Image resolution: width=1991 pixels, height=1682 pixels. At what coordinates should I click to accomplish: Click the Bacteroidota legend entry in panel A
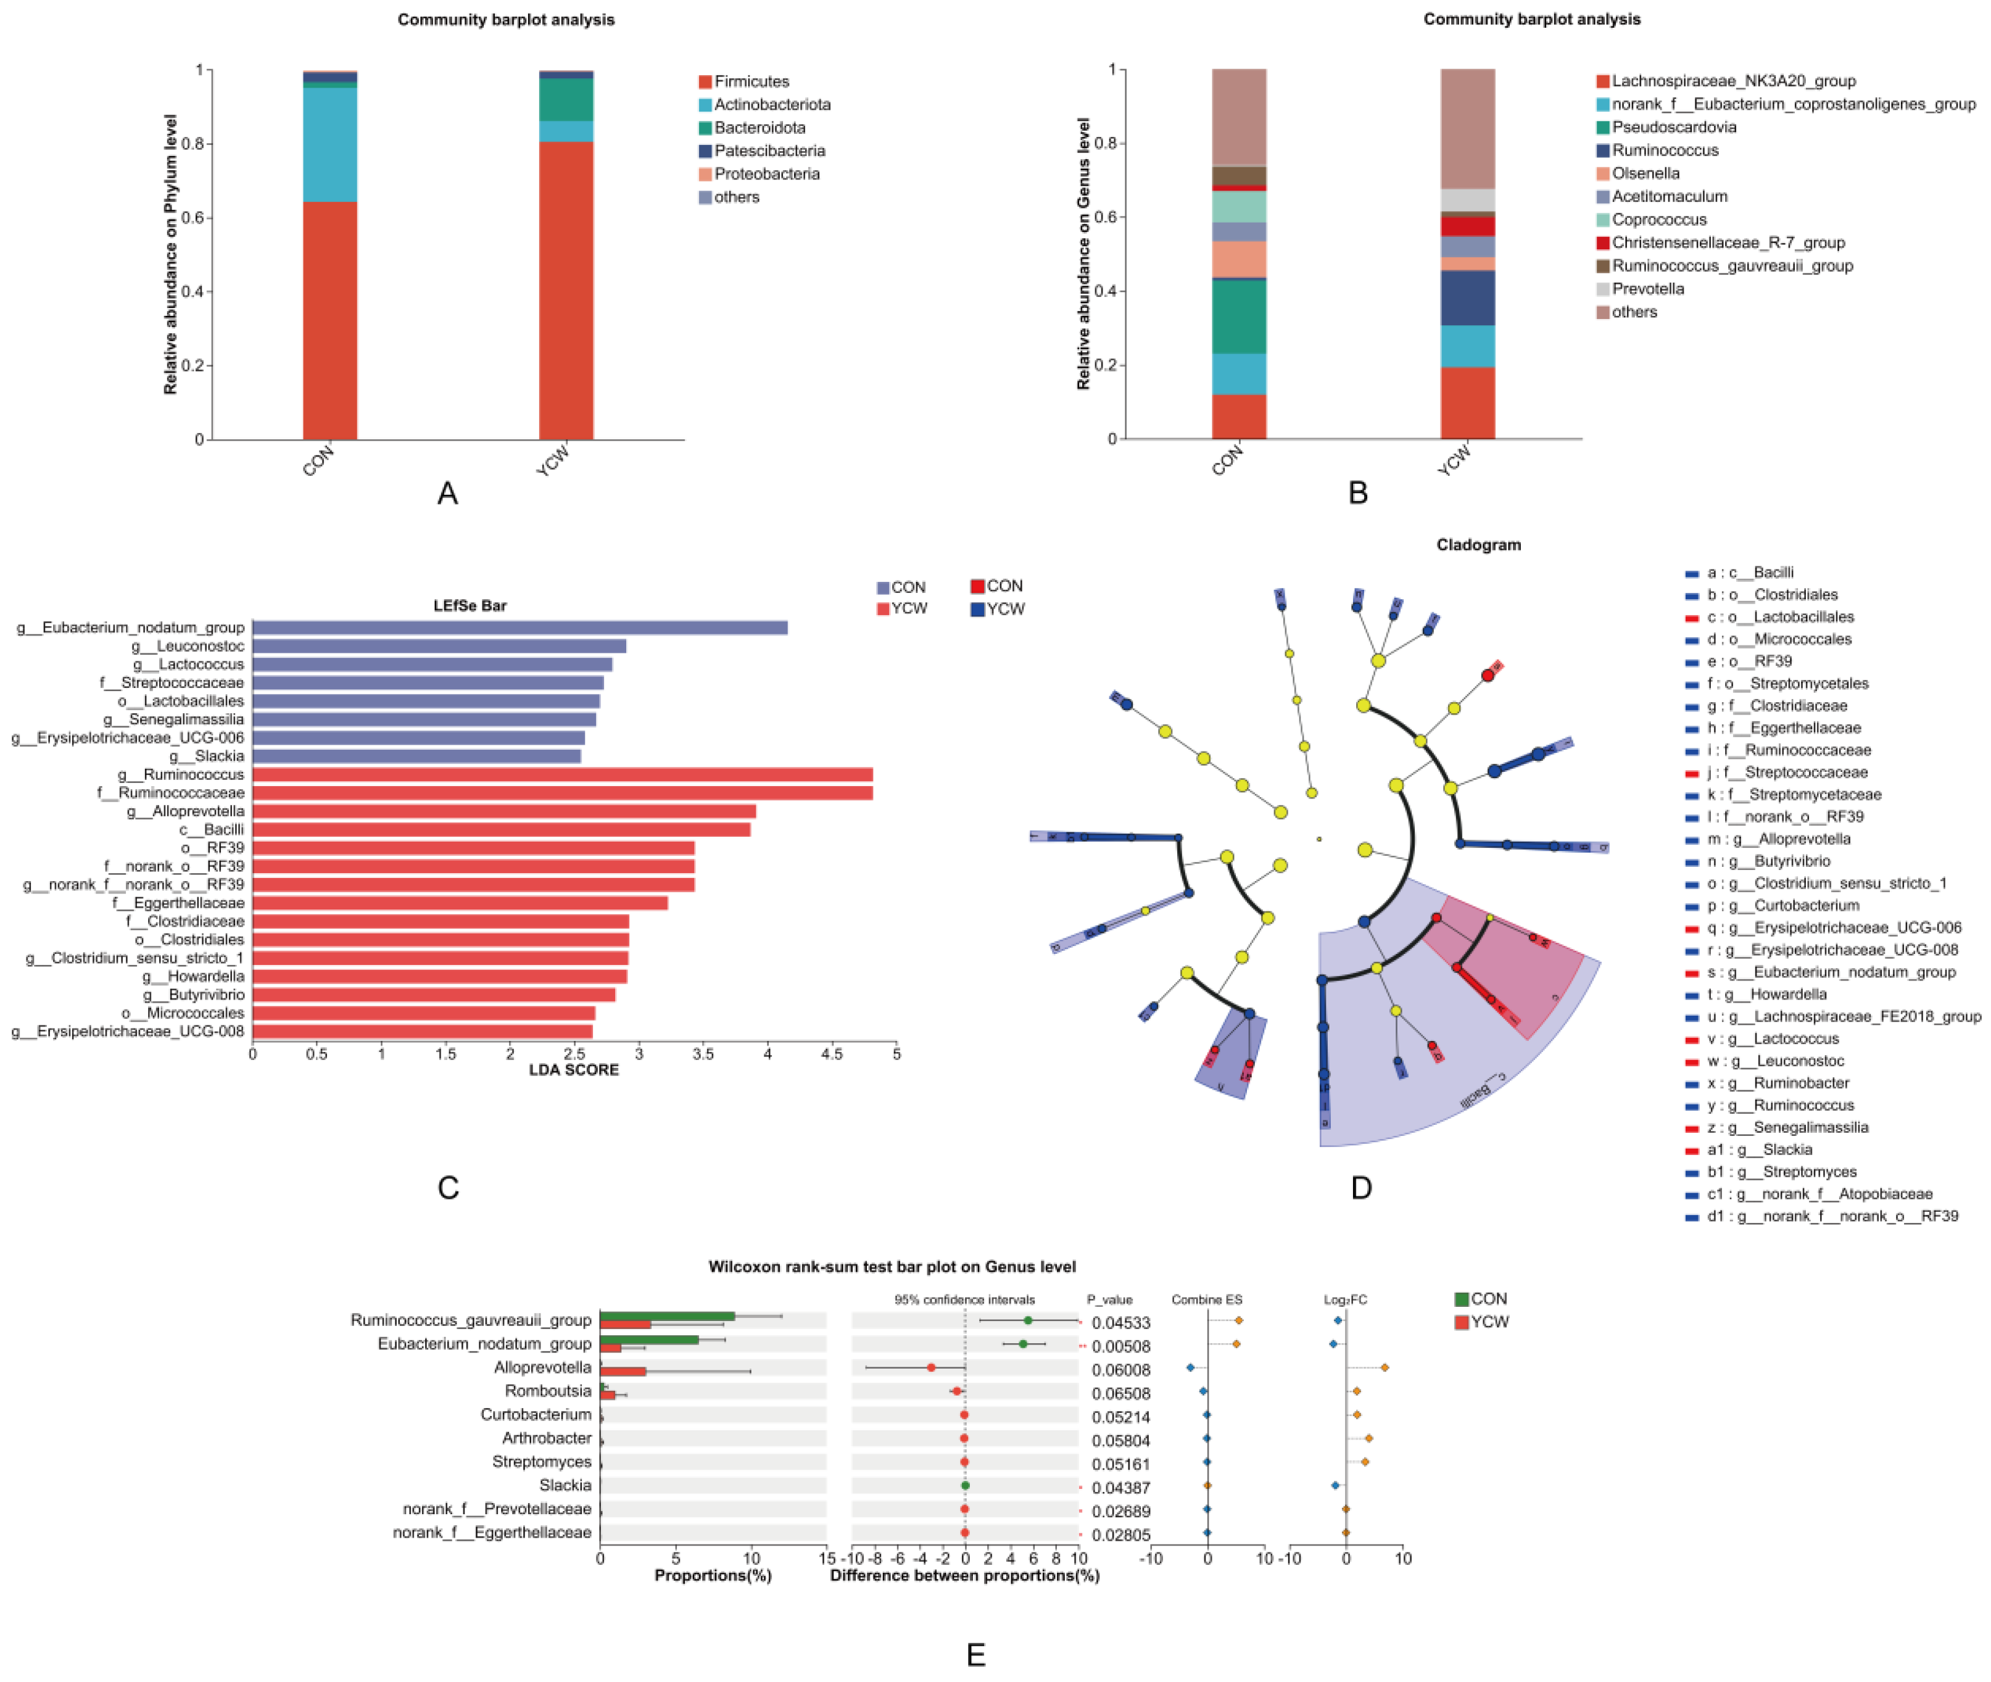pos(758,128)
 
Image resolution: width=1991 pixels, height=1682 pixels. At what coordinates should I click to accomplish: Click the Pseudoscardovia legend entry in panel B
pos(1671,127)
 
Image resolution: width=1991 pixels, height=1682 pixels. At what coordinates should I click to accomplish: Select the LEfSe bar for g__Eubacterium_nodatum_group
pos(519,628)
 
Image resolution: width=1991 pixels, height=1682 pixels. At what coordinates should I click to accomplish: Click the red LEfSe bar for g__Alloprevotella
pos(503,811)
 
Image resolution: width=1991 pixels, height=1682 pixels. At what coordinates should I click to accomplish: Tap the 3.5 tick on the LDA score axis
pos(703,1054)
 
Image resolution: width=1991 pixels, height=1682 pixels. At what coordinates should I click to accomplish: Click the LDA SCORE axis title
pos(573,1070)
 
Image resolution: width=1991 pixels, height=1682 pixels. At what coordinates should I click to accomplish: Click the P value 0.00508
pos(1120,1346)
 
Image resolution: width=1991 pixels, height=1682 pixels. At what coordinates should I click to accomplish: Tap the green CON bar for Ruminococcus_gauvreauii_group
pos(666,1316)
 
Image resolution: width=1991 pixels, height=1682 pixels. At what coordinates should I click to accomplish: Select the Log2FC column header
pos(1344,1299)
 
